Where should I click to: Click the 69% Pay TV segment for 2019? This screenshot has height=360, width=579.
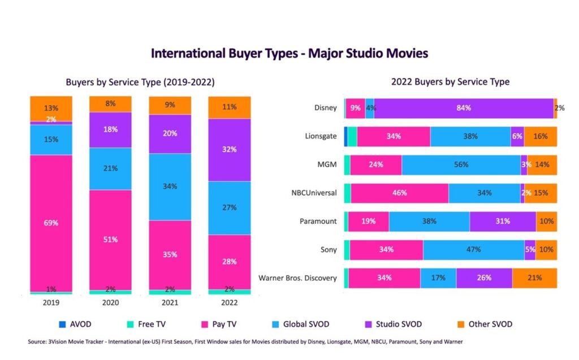pyautogui.click(x=51, y=223)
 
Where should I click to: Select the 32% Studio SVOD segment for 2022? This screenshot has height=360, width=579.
pyautogui.click(x=230, y=150)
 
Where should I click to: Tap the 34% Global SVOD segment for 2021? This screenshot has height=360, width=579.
pyautogui.click(x=170, y=186)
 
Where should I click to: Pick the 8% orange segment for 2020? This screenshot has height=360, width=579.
pyautogui.click(x=110, y=104)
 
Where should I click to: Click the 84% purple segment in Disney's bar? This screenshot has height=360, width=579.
pyautogui.click(x=464, y=108)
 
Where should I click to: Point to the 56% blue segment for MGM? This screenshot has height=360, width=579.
pyautogui.click(x=461, y=164)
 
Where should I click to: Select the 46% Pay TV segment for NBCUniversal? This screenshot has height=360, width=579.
pyautogui.click(x=399, y=193)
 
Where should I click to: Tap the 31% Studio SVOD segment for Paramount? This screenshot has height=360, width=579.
pyautogui.click(x=502, y=221)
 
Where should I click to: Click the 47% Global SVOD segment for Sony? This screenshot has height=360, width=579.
pyautogui.click(x=473, y=249)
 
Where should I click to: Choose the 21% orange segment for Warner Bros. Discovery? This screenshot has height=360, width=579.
pyautogui.click(x=534, y=277)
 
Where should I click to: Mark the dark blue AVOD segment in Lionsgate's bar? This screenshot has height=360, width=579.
pyautogui.click(x=345, y=136)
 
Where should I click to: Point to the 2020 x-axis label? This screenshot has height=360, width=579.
pyautogui.click(x=110, y=303)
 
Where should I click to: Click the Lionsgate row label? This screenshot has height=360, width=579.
pyautogui.click(x=321, y=136)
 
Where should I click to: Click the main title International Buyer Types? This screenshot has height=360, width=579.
pyautogui.click(x=289, y=54)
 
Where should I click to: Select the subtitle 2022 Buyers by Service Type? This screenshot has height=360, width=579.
pyautogui.click(x=450, y=82)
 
